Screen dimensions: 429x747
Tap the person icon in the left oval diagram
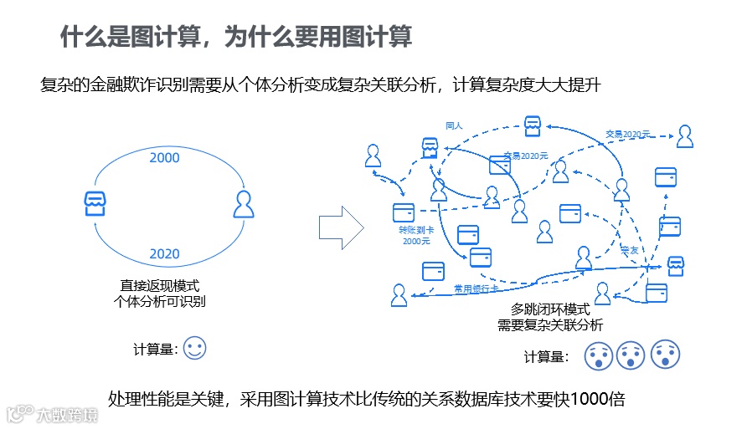coord(243,204)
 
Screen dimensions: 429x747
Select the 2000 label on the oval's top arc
coord(164,157)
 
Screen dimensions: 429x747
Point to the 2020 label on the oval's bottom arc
coord(164,253)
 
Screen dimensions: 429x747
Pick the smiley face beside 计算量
coord(194,348)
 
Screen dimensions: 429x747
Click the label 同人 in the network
coord(454,125)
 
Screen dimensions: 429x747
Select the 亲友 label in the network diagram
coord(630,250)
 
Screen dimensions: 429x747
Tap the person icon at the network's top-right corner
coord(685,135)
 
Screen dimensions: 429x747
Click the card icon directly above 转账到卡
coord(404,212)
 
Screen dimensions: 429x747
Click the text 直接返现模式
coord(160,286)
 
